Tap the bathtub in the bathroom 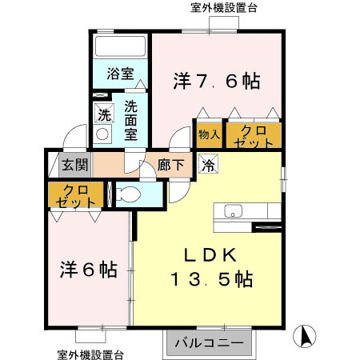coord(120,46)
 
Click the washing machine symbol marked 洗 coord(104,115)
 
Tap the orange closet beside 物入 coord(253,135)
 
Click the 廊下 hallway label coord(170,166)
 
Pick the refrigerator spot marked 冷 coord(207,166)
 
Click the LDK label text coord(210,255)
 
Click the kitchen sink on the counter coord(234,211)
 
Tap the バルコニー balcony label coord(209,343)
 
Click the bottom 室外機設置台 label coord(90,353)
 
